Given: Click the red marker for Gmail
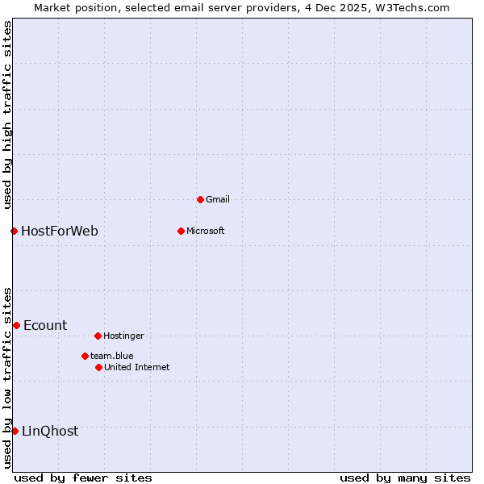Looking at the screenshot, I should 200,199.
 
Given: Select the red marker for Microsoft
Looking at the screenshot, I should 181,231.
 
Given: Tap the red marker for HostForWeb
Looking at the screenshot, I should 14,232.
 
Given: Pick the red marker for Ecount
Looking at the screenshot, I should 16,325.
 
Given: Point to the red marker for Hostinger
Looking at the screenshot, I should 98,336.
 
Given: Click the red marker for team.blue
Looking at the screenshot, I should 85,356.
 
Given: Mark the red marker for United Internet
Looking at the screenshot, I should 98,367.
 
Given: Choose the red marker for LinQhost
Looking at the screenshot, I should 15,431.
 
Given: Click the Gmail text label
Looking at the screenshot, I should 218,199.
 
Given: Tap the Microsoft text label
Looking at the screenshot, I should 206,231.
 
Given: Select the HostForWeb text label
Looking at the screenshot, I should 60,232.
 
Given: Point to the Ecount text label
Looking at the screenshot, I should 45,326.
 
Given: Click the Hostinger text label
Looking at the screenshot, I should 123,336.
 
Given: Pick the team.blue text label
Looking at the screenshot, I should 112,356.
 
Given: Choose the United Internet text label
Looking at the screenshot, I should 137,367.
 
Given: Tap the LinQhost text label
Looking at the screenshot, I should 50,432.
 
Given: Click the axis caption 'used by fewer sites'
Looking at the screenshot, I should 83,478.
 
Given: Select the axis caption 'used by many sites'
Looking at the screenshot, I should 405,478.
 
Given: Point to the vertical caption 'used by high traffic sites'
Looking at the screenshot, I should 7,115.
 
